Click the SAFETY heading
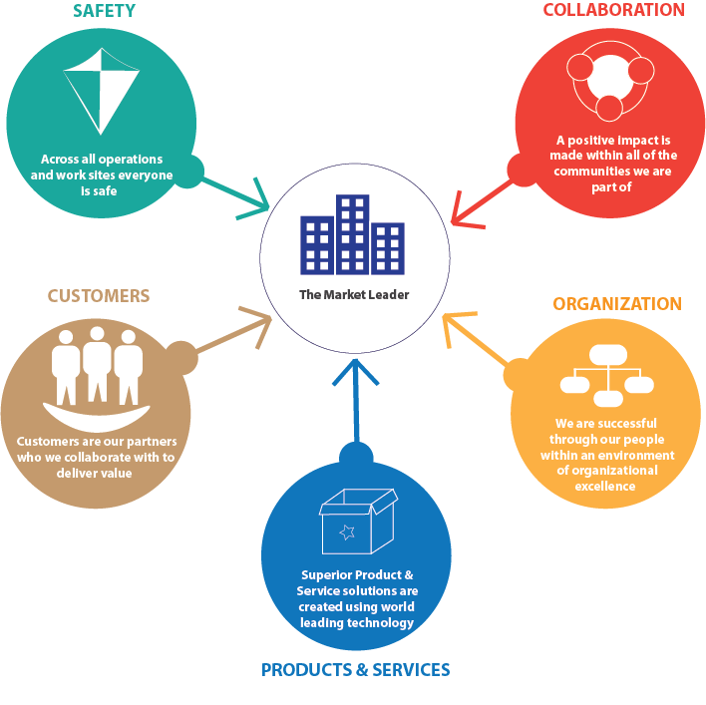point(104,11)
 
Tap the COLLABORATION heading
point(613,10)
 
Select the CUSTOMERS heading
point(99,296)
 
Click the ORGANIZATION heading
point(617,304)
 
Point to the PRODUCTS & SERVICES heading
point(355,670)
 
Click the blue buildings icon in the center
point(352,235)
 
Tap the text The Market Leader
point(354,295)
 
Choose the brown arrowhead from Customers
point(259,324)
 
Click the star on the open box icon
point(347,532)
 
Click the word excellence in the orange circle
point(605,487)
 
